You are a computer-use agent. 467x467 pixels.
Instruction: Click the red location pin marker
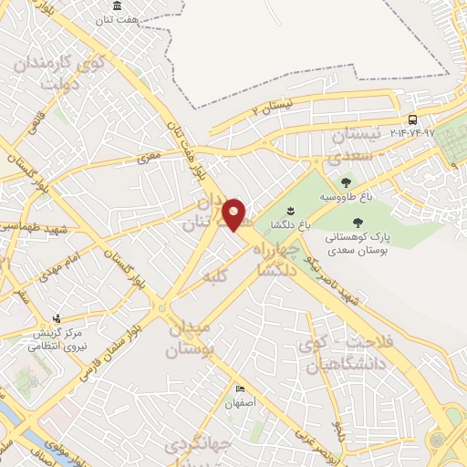coord(234,215)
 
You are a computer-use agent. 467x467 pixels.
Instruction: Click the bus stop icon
coord(412,119)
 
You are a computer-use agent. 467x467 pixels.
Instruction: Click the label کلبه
coord(217,273)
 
